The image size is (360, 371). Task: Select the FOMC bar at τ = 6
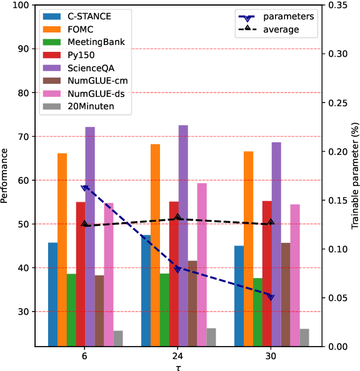62,249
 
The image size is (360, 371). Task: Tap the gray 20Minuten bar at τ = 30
304,337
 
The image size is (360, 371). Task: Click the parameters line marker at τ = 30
271,297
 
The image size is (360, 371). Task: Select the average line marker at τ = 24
177,217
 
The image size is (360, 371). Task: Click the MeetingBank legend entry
93,42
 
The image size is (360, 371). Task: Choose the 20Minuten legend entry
91,106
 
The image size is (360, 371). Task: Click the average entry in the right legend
282,29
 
